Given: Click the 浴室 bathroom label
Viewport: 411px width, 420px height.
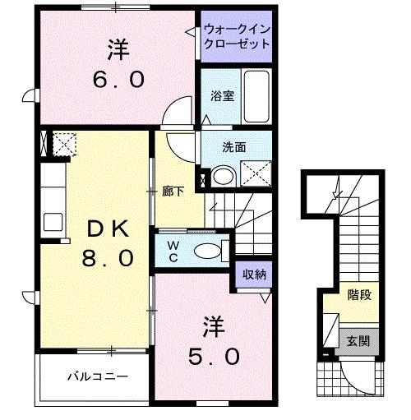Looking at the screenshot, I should point(222,96).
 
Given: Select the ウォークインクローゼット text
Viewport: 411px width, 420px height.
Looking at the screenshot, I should point(237,36).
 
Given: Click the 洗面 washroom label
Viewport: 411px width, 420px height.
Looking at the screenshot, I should point(234,148).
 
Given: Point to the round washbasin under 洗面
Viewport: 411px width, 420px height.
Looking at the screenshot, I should point(221,176).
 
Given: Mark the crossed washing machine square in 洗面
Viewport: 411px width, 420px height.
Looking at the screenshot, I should point(256,174).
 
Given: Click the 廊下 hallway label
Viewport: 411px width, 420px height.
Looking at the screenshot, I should point(173,192).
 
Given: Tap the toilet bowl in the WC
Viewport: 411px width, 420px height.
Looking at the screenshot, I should point(210,250).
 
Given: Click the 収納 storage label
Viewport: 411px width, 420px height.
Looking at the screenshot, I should point(252,275).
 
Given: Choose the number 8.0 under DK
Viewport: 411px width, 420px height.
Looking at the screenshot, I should point(106,257).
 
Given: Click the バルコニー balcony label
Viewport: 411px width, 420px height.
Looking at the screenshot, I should point(97,376).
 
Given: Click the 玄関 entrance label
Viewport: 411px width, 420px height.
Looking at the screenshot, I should point(359,339).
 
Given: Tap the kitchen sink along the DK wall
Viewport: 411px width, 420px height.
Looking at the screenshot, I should point(53,221).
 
